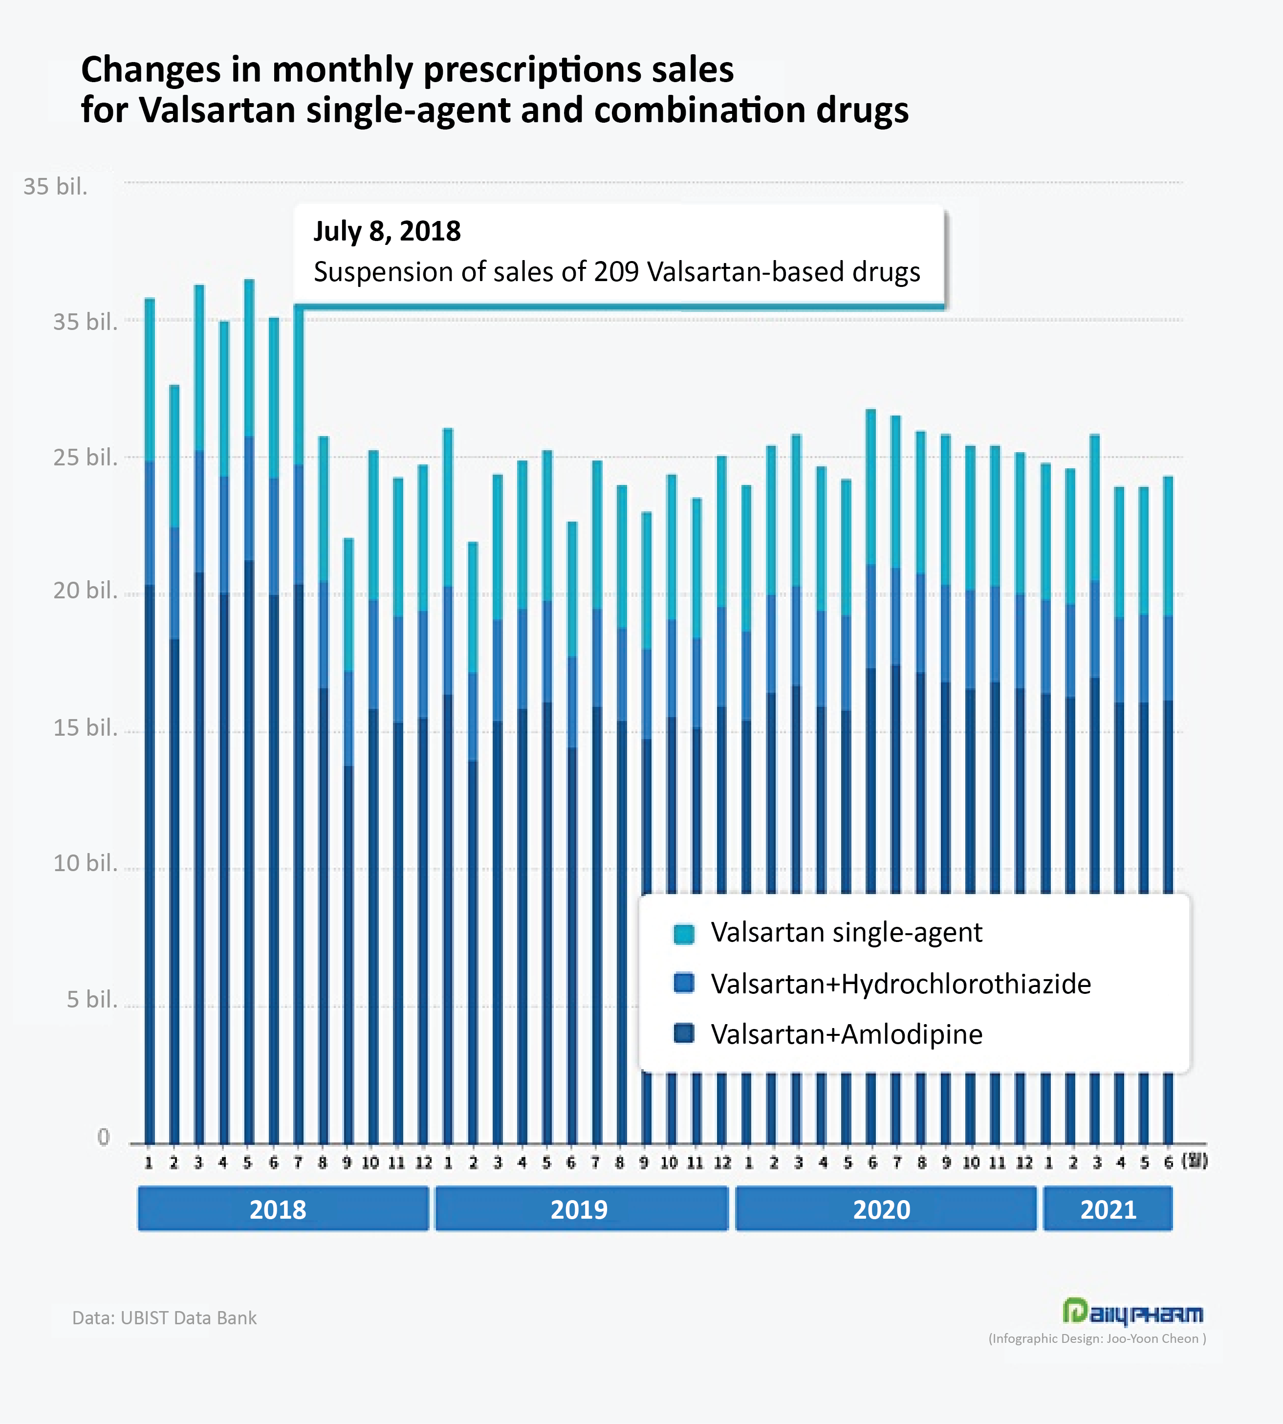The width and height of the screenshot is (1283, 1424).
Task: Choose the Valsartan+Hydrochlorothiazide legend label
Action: tap(900, 984)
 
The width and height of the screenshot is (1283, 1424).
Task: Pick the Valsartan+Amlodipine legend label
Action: tap(846, 1035)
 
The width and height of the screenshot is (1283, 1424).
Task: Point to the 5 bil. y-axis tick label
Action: tap(92, 1000)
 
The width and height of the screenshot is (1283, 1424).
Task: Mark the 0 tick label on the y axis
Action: tap(104, 1137)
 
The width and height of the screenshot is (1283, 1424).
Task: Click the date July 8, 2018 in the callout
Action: tap(387, 231)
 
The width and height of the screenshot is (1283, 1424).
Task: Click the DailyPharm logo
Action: tap(1133, 1312)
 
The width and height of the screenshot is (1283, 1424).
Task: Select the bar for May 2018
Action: tap(249, 705)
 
